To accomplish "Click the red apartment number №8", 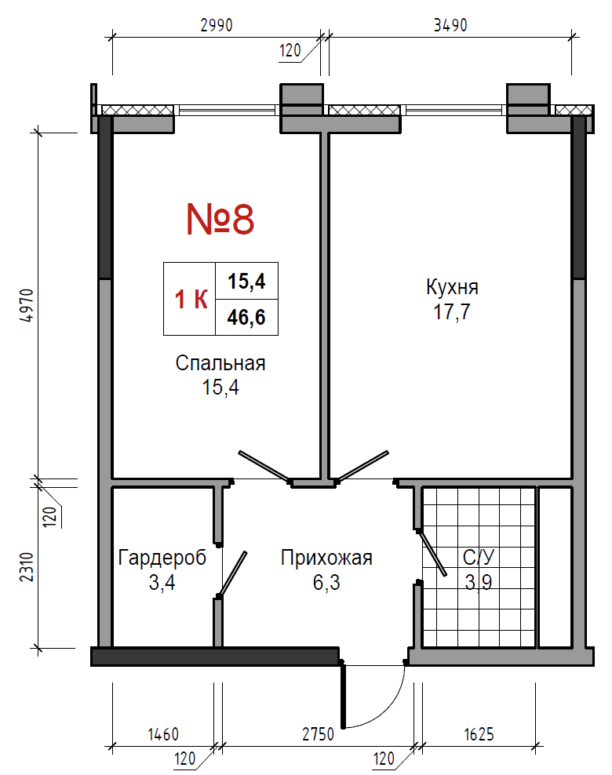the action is pyautogui.click(x=220, y=219).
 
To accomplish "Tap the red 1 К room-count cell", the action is pyautogui.click(x=191, y=299).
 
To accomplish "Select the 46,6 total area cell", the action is pyautogui.click(x=246, y=318).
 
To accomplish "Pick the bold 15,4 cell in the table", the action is pyautogui.click(x=246, y=282).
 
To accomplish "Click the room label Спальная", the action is pyautogui.click(x=220, y=364).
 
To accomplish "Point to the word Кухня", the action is pyautogui.click(x=452, y=287).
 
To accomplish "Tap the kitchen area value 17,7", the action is pyautogui.click(x=452, y=312).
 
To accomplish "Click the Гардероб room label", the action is pyautogui.click(x=162, y=558).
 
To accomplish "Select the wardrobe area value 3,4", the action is pyautogui.click(x=162, y=583).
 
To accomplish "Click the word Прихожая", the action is pyautogui.click(x=326, y=558).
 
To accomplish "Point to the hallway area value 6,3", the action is pyautogui.click(x=326, y=583).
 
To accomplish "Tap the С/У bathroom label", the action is pyautogui.click(x=479, y=558).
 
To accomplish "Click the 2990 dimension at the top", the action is pyautogui.click(x=216, y=25).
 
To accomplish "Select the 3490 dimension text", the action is pyautogui.click(x=450, y=25).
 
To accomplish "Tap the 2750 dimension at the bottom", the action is pyautogui.click(x=319, y=734).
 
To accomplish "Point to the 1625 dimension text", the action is pyautogui.click(x=479, y=734).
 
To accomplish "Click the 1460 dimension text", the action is pyautogui.click(x=163, y=734).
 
